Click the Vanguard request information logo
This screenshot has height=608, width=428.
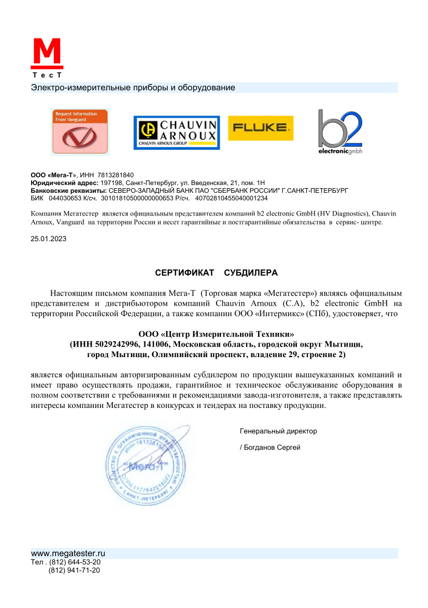click(x=79, y=132)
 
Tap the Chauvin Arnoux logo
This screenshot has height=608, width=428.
click(x=177, y=132)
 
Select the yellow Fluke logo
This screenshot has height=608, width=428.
click(x=261, y=128)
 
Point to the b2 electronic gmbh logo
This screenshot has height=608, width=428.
click(x=340, y=132)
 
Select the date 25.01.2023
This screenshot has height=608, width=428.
click(x=49, y=239)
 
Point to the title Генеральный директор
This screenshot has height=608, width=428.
click(x=278, y=431)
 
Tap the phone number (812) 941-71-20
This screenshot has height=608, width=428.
click(x=75, y=571)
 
